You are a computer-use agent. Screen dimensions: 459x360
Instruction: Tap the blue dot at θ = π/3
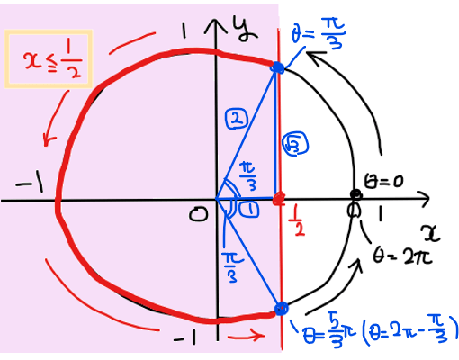point(278,67)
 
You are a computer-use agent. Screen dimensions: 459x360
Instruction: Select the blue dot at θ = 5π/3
point(281,309)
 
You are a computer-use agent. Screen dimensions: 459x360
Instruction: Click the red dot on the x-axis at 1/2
point(279,199)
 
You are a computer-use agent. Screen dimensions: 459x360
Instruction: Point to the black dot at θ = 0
point(356,194)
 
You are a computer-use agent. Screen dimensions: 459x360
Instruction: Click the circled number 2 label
point(237,119)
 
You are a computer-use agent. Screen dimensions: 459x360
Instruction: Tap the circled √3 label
point(295,144)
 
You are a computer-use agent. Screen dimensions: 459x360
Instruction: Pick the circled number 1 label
point(248,209)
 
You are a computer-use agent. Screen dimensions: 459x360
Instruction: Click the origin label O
point(198,214)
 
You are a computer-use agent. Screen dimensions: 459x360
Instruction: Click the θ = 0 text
point(383,181)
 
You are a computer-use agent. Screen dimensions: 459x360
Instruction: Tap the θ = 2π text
point(402,256)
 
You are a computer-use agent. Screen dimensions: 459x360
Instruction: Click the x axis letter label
point(430,233)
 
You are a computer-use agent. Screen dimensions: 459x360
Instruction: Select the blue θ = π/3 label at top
point(319,32)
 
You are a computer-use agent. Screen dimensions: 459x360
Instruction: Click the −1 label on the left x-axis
point(30,184)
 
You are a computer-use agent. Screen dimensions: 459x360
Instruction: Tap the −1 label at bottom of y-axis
point(184,337)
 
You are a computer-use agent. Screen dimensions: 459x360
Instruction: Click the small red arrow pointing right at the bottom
point(246,336)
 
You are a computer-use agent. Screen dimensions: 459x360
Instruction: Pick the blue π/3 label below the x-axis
point(232,267)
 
